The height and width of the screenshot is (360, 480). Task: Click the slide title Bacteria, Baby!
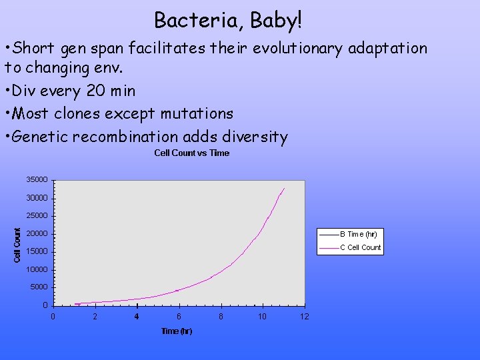point(228,20)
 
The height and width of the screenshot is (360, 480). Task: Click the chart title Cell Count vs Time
point(191,153)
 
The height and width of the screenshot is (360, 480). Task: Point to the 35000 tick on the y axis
point(37,180)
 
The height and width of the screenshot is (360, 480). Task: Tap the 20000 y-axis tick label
point(37,234)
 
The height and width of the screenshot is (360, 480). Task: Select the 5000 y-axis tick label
point(39,287)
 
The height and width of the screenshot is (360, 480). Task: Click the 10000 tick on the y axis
point(37,269)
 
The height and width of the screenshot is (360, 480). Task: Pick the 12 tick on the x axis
point(304,317)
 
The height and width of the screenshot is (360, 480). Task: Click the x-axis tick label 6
point(179,317)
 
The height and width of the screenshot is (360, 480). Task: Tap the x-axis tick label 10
point(262,317)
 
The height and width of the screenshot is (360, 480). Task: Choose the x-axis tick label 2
point(95,317)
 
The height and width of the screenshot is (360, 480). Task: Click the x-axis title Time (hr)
point(177,331)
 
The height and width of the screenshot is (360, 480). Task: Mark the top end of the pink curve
point(284,188)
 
